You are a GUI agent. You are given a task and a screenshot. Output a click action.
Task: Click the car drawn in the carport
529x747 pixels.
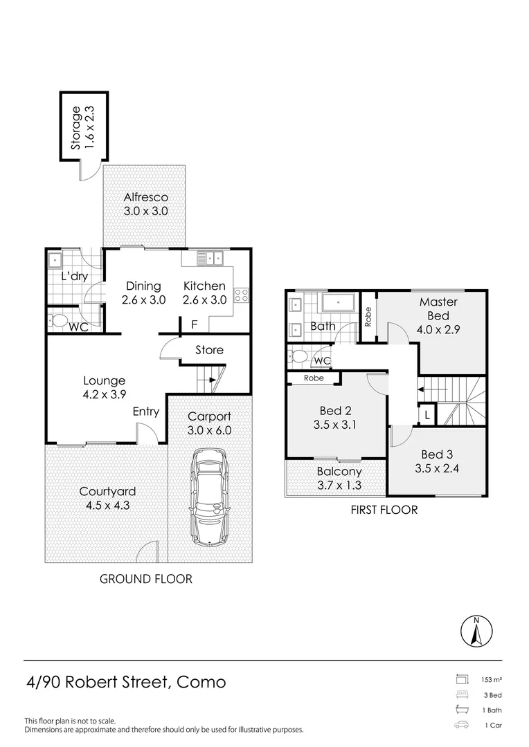pos(210,497)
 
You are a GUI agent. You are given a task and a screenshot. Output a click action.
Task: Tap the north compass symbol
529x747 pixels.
pos(476,630)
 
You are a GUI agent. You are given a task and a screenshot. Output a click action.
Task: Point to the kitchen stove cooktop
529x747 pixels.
pos(242,296)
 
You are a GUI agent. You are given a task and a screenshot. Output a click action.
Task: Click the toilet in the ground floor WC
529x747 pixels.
pos(58,322)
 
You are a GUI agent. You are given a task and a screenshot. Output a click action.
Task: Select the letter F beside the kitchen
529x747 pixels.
pos(194,324)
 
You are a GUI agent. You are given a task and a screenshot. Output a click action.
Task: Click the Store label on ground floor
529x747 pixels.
pos(209,350)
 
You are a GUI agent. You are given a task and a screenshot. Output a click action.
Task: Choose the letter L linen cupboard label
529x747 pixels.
pos(427,414)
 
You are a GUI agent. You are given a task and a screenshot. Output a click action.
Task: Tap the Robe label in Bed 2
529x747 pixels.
pos(313,379)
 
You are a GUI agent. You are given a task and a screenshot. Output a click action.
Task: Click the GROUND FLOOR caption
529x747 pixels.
pos(146,579)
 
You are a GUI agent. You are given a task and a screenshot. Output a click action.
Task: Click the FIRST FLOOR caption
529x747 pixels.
pos(384,510)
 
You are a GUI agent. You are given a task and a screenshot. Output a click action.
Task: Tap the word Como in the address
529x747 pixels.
pos(201,682)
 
